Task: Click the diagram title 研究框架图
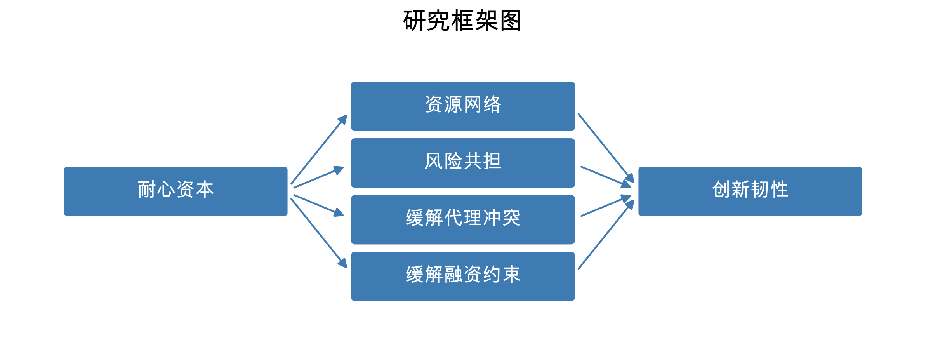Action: (462, 21)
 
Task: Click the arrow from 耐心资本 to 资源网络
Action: (318, 150)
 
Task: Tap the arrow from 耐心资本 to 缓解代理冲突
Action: (318, 205)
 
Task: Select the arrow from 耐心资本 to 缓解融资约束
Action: (318, 233)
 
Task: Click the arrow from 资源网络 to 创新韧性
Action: (606, 148)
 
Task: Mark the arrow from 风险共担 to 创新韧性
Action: (606, 177)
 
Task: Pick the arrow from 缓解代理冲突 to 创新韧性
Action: (606, 206)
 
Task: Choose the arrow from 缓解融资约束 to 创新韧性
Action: (606, 234)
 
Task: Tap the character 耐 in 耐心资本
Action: (147, 190)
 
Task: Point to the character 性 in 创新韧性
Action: (779, 190)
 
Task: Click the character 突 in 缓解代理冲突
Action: (511, 218)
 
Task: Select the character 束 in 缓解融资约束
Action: (511, 275)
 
